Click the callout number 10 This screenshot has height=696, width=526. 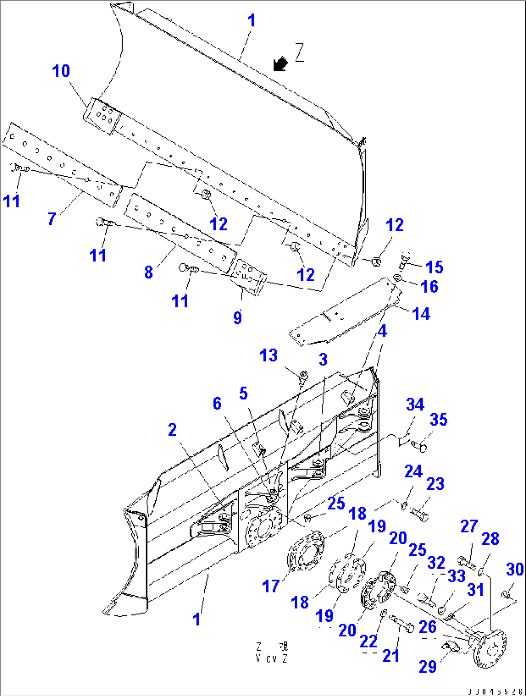pos(61,71)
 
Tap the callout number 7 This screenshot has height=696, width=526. pos(52,219)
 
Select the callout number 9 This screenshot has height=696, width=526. pos(237,318)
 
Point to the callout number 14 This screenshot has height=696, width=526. pos(421,314)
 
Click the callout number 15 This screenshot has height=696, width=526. pos(434,267)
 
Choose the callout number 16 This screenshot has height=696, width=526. pos(429,286)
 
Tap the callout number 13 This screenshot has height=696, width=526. pos(268,356)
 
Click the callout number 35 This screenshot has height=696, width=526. pos(438,419)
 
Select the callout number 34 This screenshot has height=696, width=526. pos(415,404)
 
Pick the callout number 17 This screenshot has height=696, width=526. pos(271,586)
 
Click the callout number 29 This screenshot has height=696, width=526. pos(428,667)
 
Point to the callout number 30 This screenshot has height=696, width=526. pos(514,569)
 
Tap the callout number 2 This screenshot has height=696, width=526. pos(172,429)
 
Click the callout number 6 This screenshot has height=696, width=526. pos(217,403)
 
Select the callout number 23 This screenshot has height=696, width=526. pos(435,484)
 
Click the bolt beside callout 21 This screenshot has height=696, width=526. pos(401,624)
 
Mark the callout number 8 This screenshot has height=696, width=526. pos(149,272)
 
